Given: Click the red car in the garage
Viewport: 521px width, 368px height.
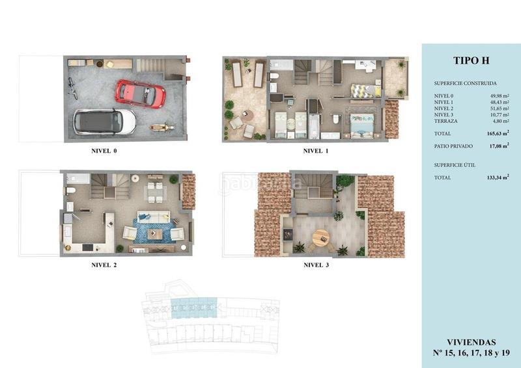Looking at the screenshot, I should pyautogui.click(x=140, y=94).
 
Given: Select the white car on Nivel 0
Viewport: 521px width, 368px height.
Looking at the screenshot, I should pyautogui.click(x=104, y=121).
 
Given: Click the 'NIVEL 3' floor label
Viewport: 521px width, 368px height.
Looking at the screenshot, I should pyautogui.click(x=317, y=265).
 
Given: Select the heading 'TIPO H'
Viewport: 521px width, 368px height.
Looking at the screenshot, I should pyautogui.click(x=471, y=60).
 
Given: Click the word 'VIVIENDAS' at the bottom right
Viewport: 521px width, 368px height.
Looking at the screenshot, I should pyautogui.click(x=471, y=341).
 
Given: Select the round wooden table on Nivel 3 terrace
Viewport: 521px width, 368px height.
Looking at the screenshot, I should pyautogui.click(x=321, y=238).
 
